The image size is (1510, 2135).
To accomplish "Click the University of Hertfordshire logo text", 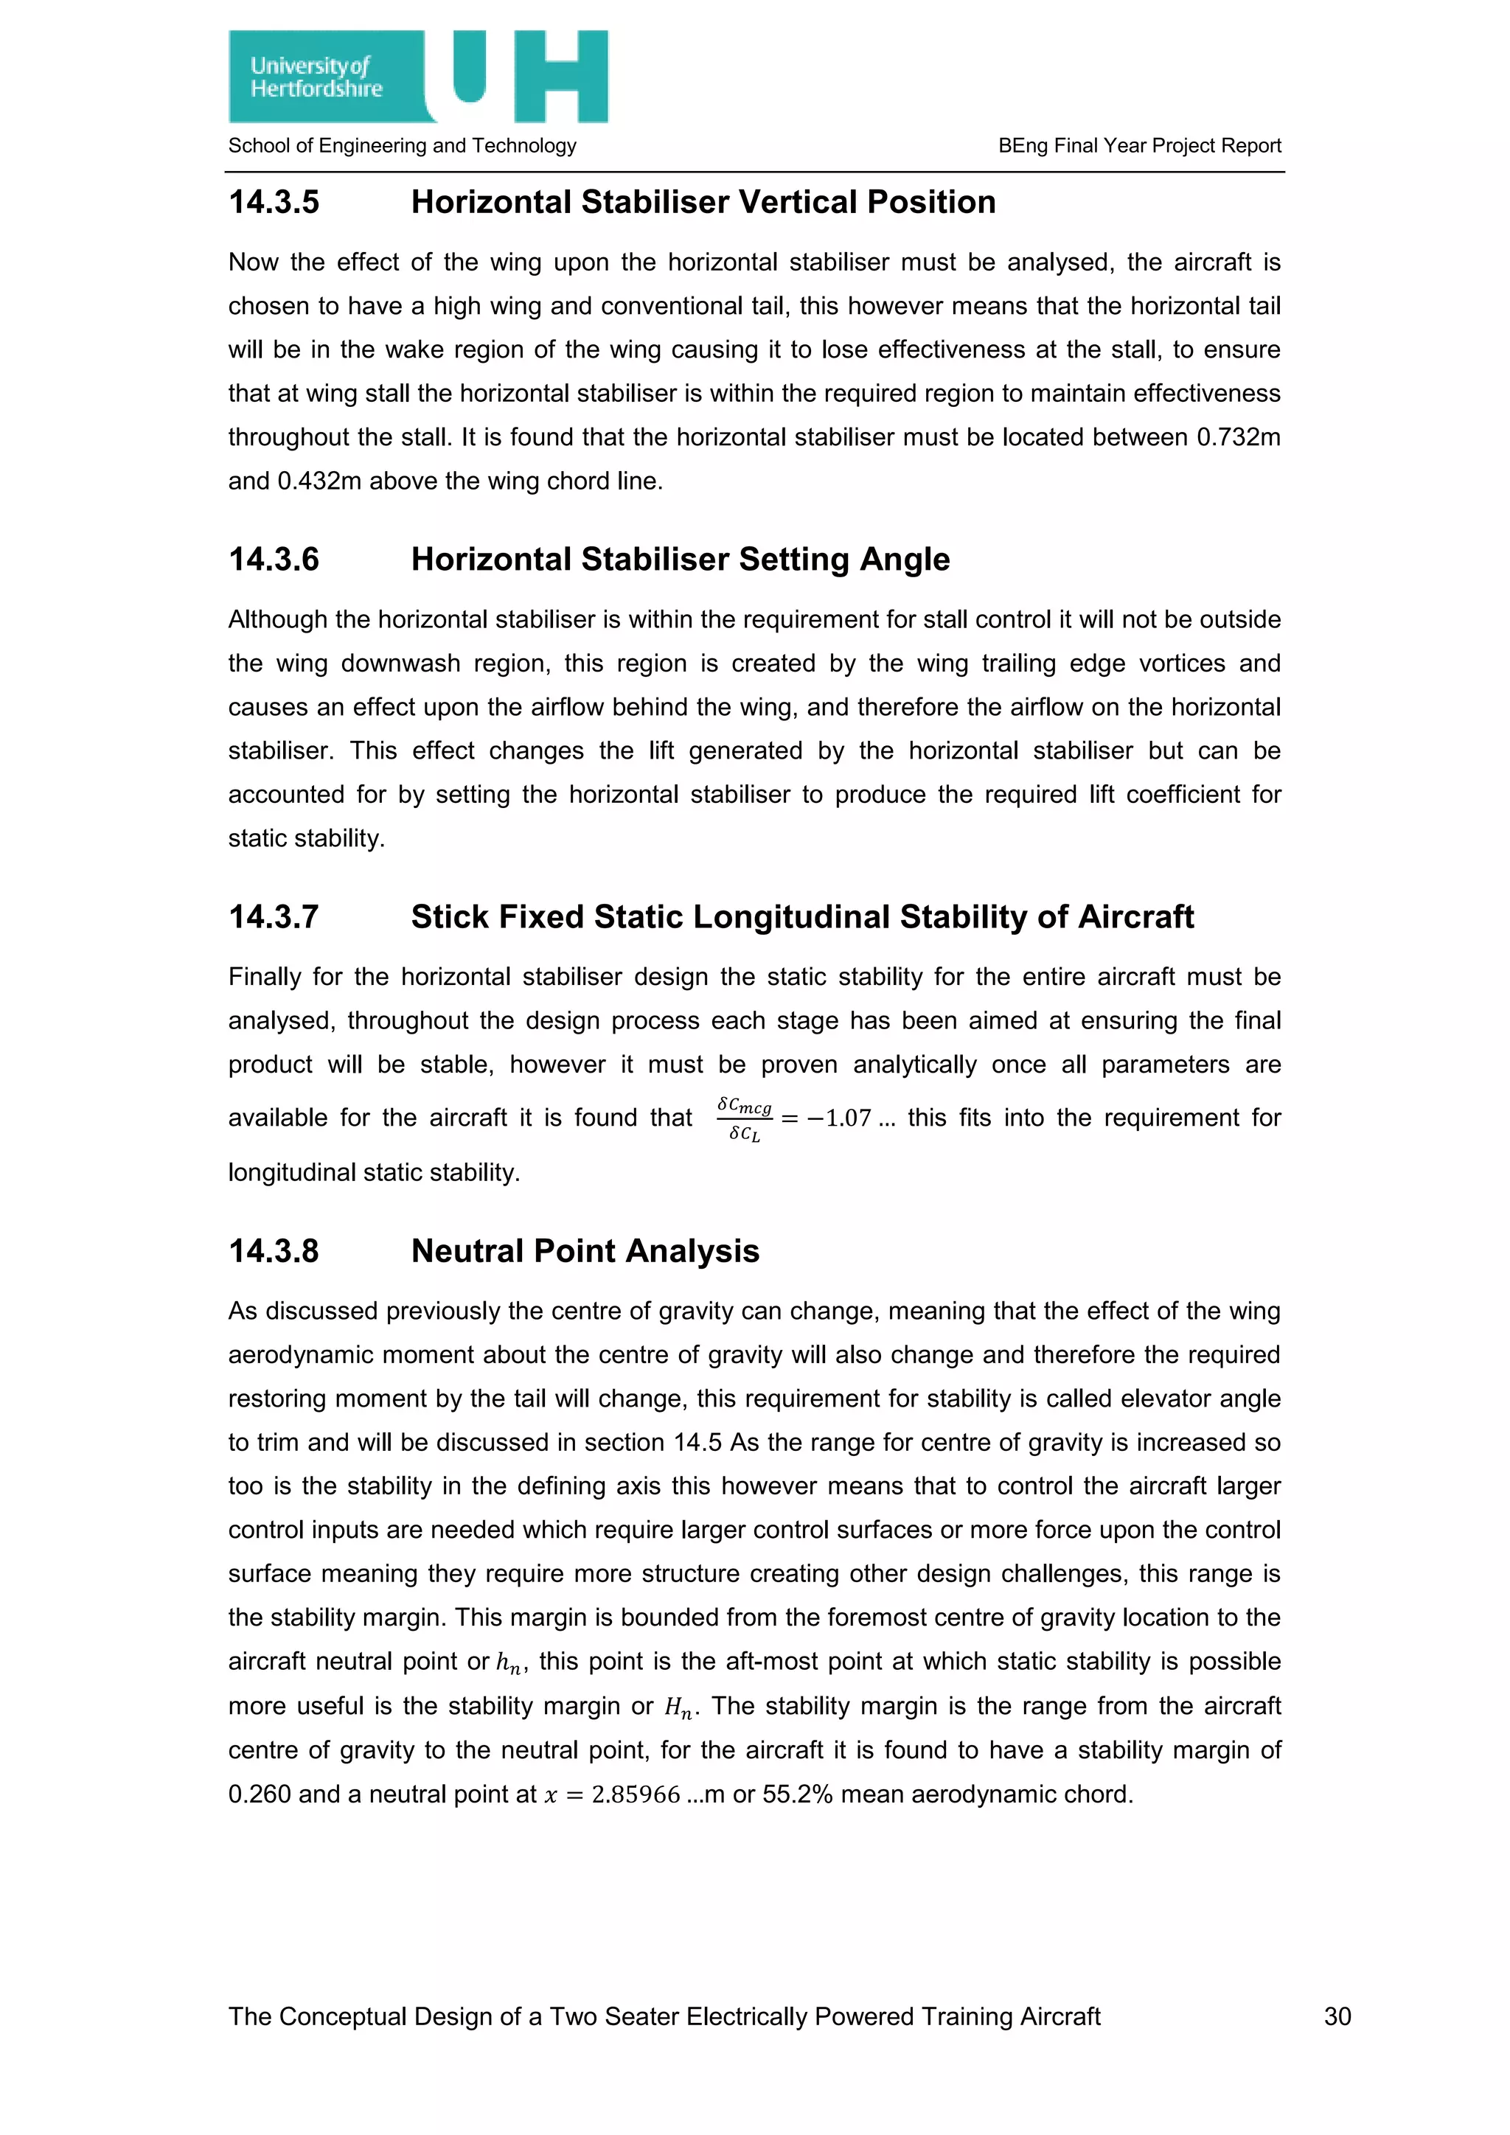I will click(316, 77).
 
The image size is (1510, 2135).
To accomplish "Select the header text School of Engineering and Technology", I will click(402, 146).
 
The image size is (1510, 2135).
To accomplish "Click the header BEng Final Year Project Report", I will click(1139, 146).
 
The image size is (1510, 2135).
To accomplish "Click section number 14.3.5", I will click(274, 203).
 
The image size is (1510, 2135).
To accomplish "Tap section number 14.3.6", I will click(274, 560).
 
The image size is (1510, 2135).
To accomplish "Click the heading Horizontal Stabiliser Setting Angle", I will click(680, 560).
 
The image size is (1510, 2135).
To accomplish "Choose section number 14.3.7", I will click(274, 917).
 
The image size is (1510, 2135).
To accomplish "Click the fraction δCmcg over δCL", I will click(744, 1118).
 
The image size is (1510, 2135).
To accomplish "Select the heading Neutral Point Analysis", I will click(585, 1252).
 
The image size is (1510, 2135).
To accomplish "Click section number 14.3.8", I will click(274, 1252).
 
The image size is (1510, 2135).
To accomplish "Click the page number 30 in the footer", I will click(1337, 2017).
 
